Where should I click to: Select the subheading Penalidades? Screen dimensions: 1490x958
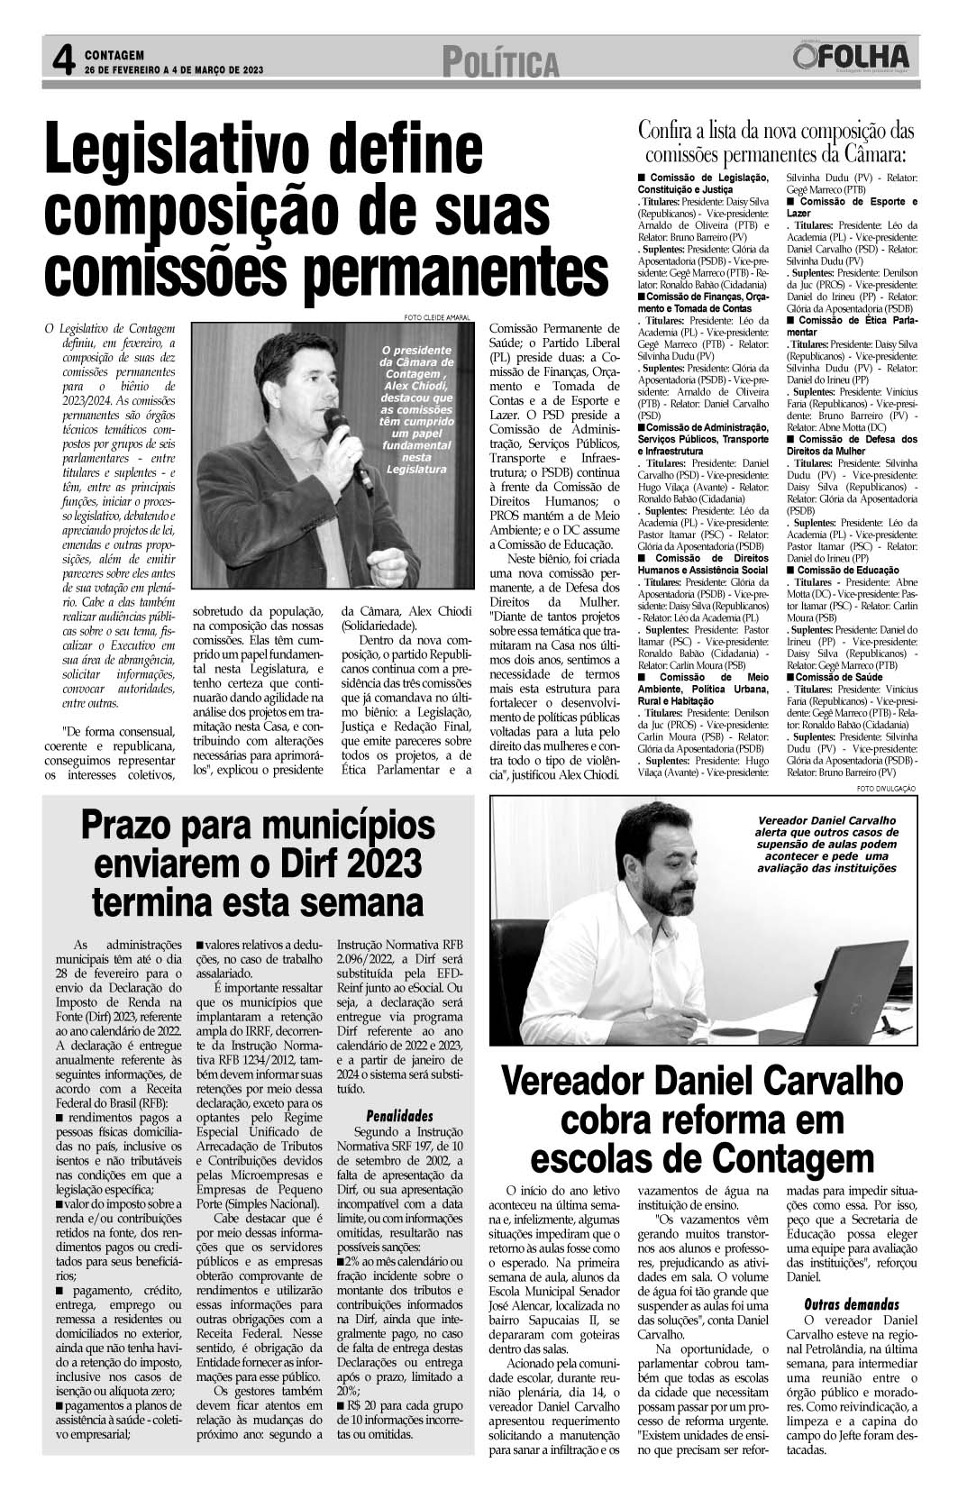[398, 1116]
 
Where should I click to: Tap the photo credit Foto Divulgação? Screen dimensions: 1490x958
[886, 789]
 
